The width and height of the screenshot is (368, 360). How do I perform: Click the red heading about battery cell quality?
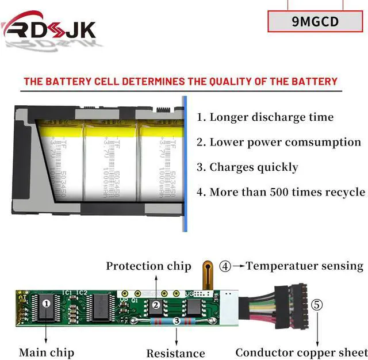(x=181, y=81)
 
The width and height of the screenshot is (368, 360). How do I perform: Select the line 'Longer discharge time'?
(x=265, y=117)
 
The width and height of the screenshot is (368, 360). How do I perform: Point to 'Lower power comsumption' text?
(x=279, y=142)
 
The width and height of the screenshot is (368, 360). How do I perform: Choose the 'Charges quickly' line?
(x=248, y=167)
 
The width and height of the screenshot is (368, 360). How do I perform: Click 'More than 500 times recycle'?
(x=281, y=192)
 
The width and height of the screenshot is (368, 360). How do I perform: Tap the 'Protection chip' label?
(x=148, y=266)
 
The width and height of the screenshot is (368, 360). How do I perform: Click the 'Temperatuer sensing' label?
(x=305, y=266)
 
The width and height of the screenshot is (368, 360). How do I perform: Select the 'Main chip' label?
(x=47, y=352)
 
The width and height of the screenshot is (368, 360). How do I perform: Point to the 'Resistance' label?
(x=175, y=353)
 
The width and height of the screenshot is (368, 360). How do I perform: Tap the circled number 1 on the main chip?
(x=47, y=301)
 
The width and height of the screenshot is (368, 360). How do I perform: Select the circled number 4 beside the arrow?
(x=225, y=266)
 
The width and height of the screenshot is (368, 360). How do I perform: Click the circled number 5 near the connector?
(x=317, y=305)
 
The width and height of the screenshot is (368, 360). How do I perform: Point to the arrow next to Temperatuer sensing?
(x=239, y=266)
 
